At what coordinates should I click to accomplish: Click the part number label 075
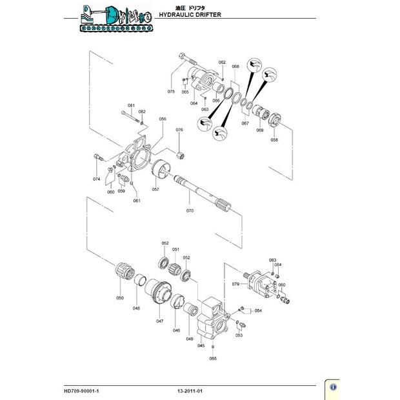point(171,92)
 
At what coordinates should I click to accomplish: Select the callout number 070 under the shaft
point(190,211)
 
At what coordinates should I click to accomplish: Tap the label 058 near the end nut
point(274,139)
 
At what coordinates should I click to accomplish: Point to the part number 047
point(159,321)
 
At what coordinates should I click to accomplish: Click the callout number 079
point(235,284)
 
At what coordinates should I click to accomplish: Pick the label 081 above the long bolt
point(131,105)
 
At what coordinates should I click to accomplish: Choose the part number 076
point(179,130)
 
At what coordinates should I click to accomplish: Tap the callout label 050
point(119,298)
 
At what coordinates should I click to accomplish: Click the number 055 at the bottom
point(213,358)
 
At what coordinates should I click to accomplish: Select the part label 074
point(96,179)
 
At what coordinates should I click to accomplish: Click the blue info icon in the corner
point(334,386)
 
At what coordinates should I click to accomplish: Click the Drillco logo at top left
point(115,17)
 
